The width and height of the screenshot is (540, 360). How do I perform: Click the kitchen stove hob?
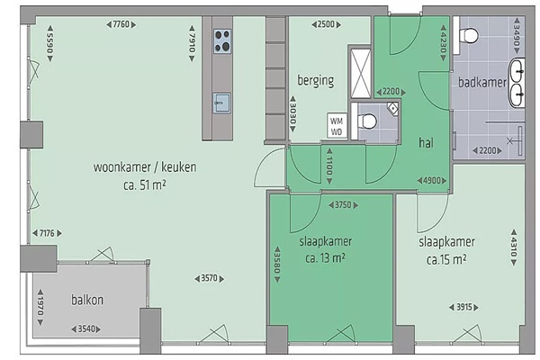coord(222,41)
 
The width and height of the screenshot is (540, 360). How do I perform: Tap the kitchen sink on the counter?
coord(221,103)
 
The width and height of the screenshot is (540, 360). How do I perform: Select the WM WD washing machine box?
coord(337,126)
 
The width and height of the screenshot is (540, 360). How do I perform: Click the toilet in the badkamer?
coord(469,35)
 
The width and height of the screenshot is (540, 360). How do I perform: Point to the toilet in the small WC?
coord(367,121)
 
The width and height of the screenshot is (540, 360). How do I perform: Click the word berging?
coord(316,81)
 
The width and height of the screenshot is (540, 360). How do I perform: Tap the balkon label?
coord(87,300)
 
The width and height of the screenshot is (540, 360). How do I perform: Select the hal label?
coord(426,142)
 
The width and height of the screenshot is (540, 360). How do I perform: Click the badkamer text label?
coord(482,82)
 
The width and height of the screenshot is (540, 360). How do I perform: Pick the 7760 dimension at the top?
coord(121,24)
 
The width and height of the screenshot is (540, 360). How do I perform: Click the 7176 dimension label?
coord(47,233)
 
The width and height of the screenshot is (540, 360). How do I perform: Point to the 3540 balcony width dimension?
coord(86,329)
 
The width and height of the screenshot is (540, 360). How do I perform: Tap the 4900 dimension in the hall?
coord(432,181)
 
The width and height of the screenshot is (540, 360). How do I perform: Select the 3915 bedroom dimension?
coord(463,307)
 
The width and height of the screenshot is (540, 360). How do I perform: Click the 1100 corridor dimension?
coord(329,166)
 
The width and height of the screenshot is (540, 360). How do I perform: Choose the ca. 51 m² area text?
coord(145,185)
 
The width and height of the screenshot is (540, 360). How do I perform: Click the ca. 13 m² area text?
coord(326,257)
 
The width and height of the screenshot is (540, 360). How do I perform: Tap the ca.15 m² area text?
coord(446,259)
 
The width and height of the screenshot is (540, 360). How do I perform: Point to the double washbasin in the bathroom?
coord(517,83)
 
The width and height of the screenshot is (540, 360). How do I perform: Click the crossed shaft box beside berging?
coord(361,74)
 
